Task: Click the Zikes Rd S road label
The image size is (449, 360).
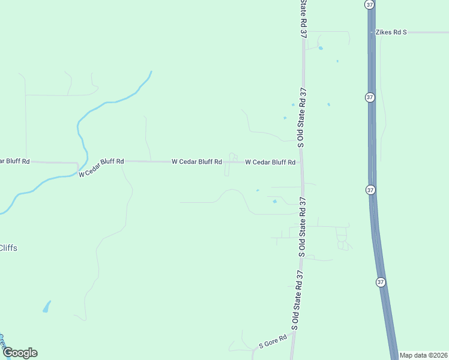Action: pos(391,32)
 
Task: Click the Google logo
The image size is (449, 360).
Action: pos(20,352)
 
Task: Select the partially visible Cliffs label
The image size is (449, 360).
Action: pos(8,248)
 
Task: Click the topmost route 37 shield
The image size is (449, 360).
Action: pos(370,4)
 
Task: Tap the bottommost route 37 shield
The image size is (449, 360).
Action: pos(381,281)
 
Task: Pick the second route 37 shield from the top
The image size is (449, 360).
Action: pos(370,97)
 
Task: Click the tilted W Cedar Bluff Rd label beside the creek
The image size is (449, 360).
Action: pos(101,167)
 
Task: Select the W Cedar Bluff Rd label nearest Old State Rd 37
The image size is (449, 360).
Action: pos(270,162)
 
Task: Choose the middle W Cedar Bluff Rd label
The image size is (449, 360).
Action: pos(197,161)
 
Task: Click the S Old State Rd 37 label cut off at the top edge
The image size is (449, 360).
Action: pos(303,18)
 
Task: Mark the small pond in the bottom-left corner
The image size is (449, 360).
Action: pos(46,308)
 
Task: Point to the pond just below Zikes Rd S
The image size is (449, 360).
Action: pos(321,48)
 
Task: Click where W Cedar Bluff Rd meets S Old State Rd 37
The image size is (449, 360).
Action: pos(301,162)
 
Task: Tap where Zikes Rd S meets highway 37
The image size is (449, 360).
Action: pos(372,32)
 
